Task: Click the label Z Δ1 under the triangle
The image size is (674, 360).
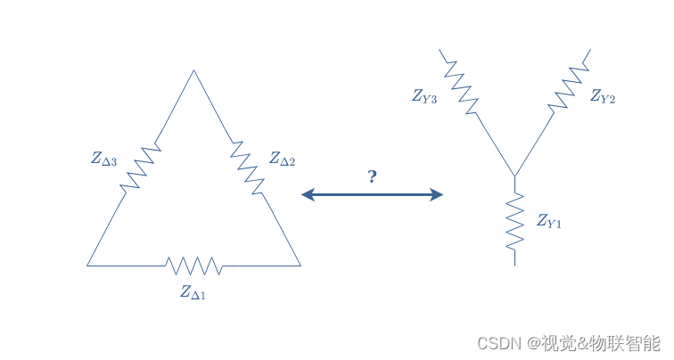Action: click(193, 291)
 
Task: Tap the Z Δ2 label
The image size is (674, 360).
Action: click(283, 159)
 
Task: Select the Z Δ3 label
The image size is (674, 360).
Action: click(103, 159)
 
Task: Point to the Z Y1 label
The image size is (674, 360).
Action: click(549, 220)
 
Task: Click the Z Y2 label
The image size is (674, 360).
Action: click(603, 96)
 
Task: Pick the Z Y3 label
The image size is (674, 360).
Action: click(424, 96)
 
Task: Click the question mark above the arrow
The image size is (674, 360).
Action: click(372, 176)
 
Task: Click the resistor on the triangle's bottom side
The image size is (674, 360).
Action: click(193, 266)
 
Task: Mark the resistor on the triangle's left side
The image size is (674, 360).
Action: click(139, 167)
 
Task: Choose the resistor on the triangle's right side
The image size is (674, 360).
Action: click(247, 167)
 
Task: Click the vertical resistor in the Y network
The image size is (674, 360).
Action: click(514, 223)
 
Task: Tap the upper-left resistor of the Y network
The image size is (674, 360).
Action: click(459, 86)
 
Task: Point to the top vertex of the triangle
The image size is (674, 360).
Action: click(193, 70)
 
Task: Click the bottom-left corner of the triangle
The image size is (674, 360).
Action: click(87, 266)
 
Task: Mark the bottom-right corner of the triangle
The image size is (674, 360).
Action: click(300, 266)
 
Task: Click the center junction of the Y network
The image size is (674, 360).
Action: click(514, 176)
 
